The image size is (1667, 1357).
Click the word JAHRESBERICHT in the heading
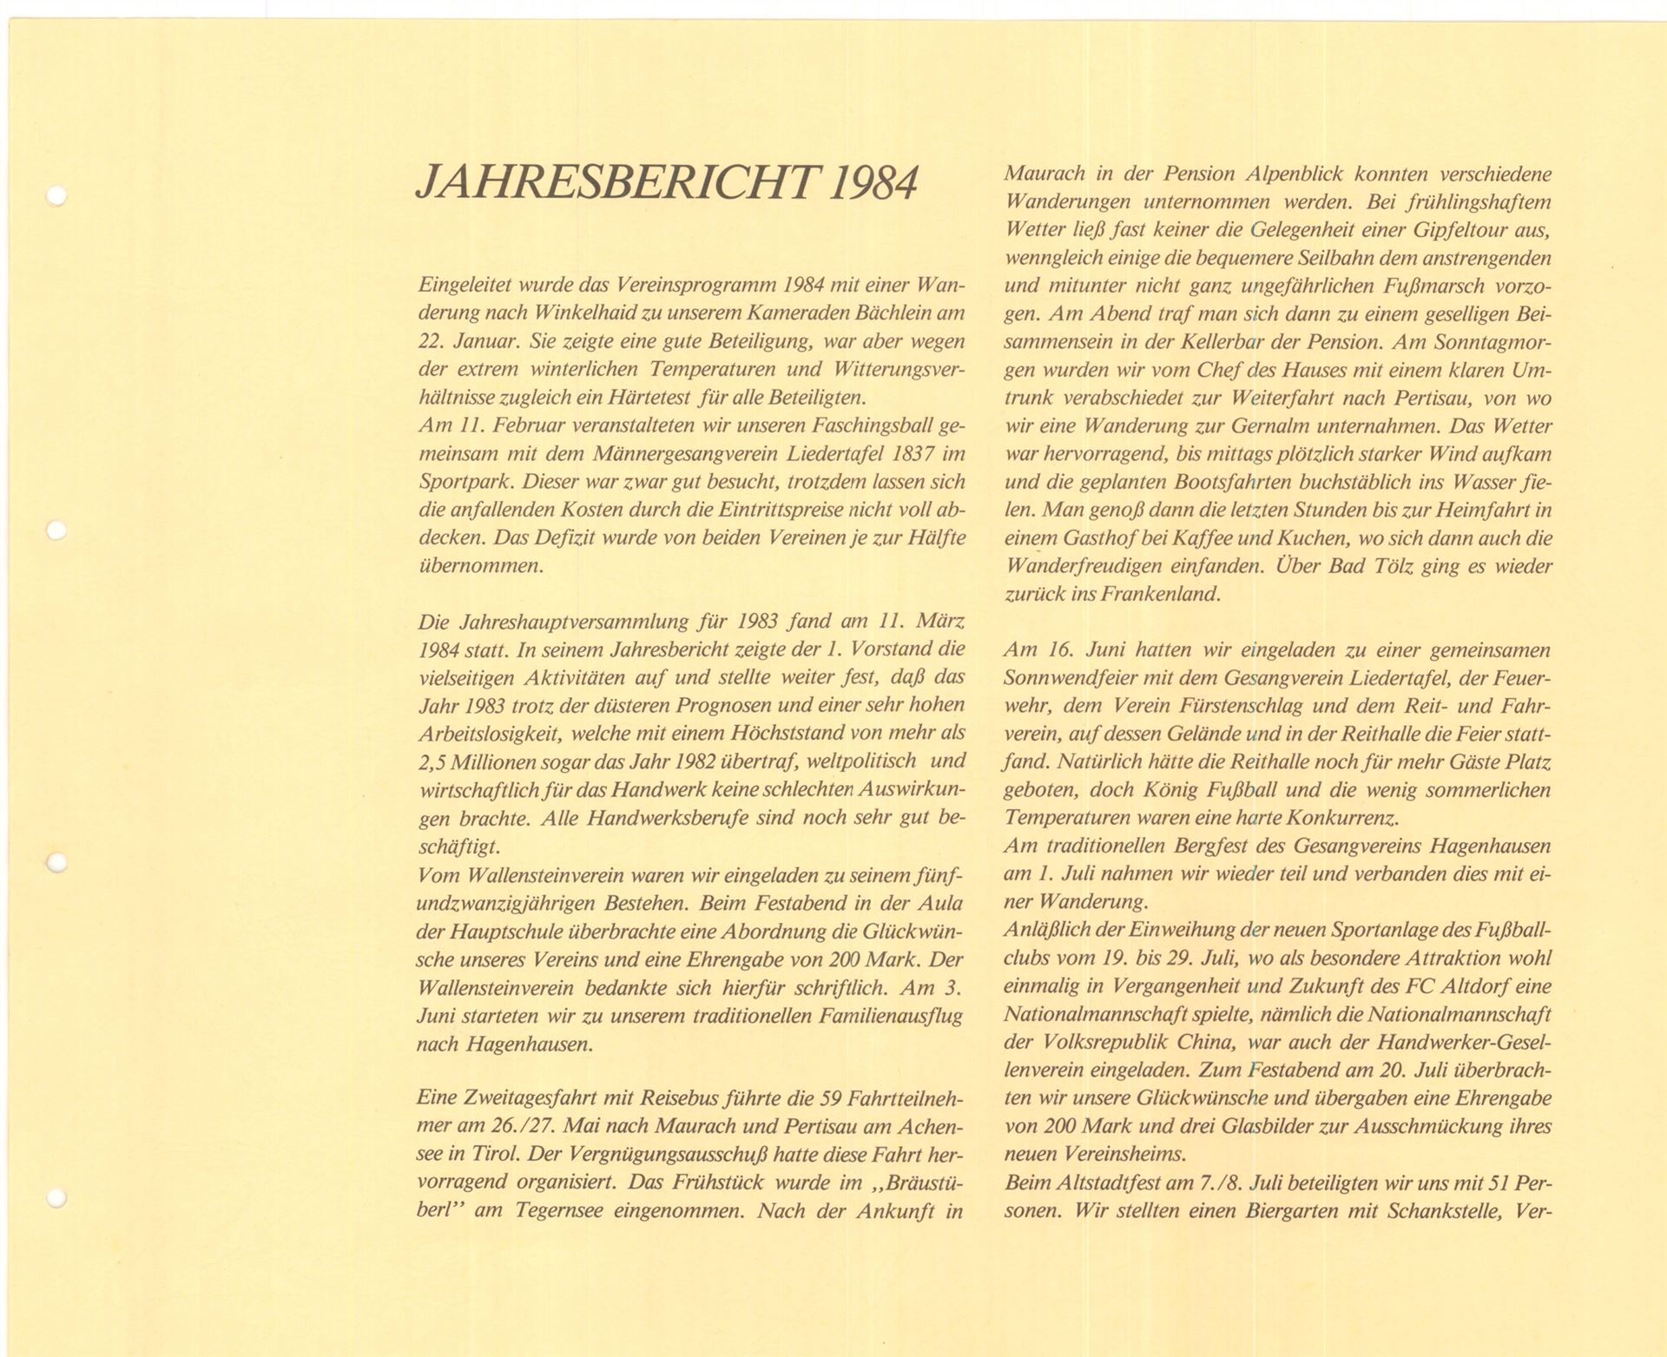[616, 183]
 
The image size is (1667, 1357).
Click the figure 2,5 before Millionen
[434, 761]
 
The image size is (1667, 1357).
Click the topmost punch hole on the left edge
[57, 195]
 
